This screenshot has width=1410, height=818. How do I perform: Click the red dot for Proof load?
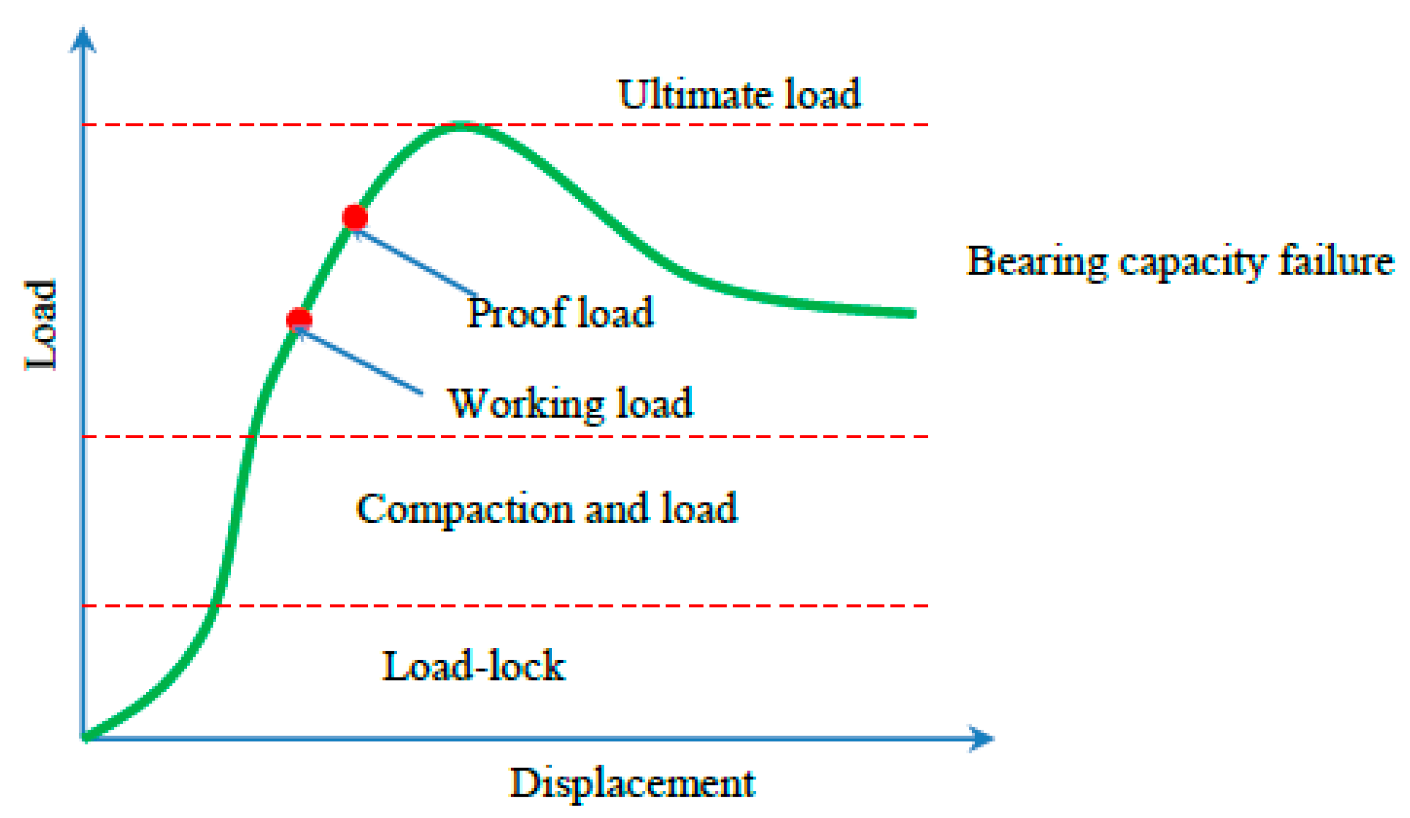click(354, 217)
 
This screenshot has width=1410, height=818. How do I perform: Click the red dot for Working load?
click(299, 320)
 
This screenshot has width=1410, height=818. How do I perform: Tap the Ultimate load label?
click(739, 94)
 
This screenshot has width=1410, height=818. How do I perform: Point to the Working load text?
click(570, 403)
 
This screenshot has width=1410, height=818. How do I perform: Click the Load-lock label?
click(474, 666)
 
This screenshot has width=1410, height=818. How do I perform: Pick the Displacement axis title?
click(632, 783)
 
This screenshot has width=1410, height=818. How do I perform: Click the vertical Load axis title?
click(41, 326)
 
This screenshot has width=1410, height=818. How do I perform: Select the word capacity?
click(1193, 263)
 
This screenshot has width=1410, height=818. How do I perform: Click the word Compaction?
click(464, 509)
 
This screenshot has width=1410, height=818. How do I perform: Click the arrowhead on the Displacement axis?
click(981, 739)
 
